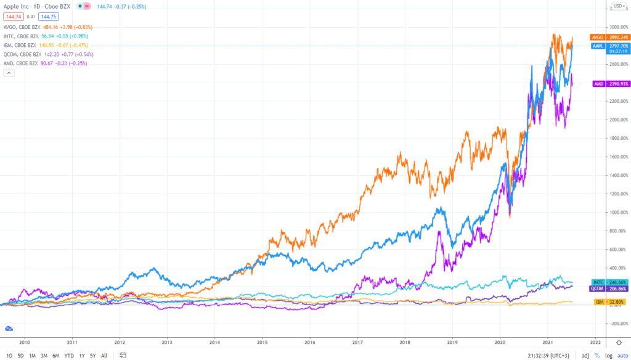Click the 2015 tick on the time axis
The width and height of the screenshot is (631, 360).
262,340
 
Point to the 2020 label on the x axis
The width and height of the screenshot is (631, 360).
500,340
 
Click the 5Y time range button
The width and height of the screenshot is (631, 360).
92,355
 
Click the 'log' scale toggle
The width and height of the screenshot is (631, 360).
608,355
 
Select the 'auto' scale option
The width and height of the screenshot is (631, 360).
622,355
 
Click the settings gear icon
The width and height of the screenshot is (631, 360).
619,341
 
